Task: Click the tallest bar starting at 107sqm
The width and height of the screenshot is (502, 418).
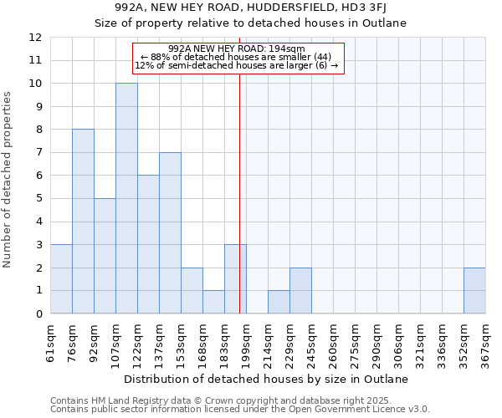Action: pyautogui.click(x=126, y=198)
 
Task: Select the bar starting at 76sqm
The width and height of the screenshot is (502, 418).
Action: pyautogui.click(x=83, y=222)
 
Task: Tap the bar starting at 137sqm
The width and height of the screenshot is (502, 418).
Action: pyautogui.click(x=170, y=233)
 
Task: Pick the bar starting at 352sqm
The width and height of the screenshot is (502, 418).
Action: pyautogui.click(x=474, y=291)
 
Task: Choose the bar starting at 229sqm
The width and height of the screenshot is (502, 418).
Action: pyautogui.click(x=300, y=291)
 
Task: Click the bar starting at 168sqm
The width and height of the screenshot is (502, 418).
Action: pyautogui.click(x=213, y=302)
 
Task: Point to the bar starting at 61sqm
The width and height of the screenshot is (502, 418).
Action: pyautogui.click(x=61, y=279)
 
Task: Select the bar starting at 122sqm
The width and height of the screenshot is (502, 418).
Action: pyautogui.click(x=148, y=244)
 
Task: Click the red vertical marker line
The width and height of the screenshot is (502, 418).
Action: pyautogui.click(x=240, y=192)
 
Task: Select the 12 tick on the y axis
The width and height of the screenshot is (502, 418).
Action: pyautogui.click(x=35, y=38)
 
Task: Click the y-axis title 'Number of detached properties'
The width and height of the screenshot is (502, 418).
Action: pyautogui.click(x=8, y=180)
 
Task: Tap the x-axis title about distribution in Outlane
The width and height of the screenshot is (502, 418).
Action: pyautogui.click(x=268, y=380)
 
